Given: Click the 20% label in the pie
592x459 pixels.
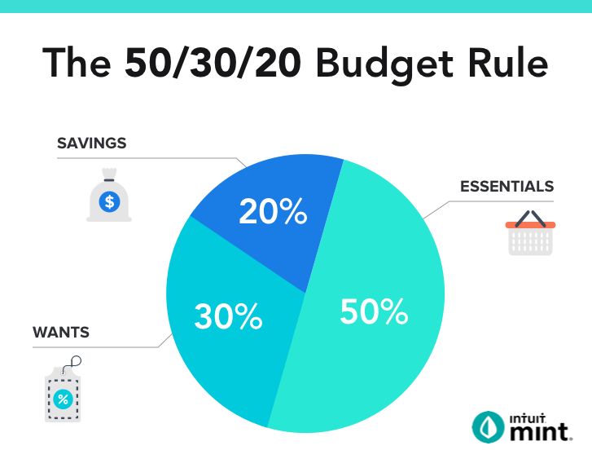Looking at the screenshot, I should [x=273, y=212].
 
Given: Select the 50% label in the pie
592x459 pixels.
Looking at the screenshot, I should [x=373, y=311].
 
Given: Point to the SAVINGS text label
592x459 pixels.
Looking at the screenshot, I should [x=91, y=143].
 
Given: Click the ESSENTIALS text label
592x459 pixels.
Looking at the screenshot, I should [x=506, y=186].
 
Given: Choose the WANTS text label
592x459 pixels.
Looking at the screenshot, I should [x=60, y=333].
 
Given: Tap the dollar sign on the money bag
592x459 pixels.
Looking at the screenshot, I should [x=108, y=200].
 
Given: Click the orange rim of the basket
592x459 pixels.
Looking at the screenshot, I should [x=530, y=223].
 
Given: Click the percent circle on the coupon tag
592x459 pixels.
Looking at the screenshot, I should [x=63, y=399].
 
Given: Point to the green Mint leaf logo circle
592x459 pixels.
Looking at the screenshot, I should [x=488, y=425].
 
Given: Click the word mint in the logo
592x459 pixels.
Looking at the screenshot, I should [x=538, y=430].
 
